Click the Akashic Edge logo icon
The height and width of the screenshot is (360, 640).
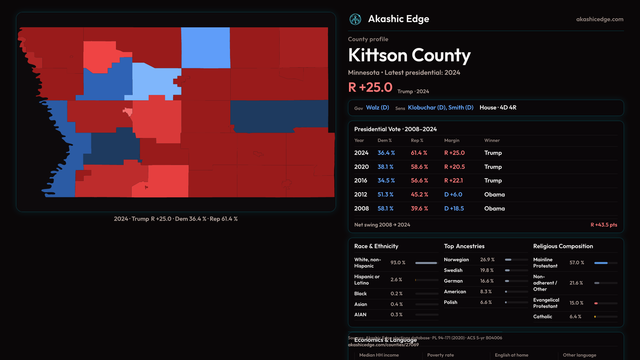[x=355, y=19]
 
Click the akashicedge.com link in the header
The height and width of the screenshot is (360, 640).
[x=600, y=19]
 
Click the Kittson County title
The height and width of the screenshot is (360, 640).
[x=409, y=55]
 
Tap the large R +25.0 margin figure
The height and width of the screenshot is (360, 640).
[x=370, y=87]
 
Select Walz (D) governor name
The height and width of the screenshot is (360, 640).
[x=377, y=108]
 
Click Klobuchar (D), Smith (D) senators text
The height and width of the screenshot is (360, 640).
[x=440, y=108]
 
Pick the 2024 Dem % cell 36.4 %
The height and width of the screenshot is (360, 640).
[x=386, y=153]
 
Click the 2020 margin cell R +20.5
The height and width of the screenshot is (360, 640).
[x=454, y=167]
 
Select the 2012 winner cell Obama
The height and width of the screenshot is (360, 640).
[x=494, y=195]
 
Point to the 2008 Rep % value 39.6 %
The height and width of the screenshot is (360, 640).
[x=419, y=209]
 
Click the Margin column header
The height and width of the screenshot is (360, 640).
[x=452, y=141]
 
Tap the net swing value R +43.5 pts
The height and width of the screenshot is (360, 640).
[x=604, y=225]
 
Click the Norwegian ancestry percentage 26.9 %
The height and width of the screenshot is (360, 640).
[x=487, y=260]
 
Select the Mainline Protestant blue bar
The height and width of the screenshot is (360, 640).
[x=601, y=263]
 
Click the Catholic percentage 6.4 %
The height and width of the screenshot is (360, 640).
[x=575, y=317]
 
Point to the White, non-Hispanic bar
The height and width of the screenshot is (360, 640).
[x=426, y=263]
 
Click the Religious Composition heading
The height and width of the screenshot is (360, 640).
[x=563, y=246]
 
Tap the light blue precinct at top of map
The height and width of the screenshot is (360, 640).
[x=205, y=48]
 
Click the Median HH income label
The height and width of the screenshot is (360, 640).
[x=379, y=355]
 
